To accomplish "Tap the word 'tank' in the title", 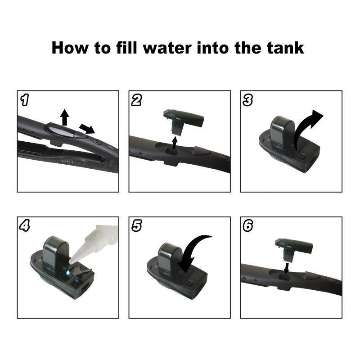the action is pyautogui.click(x=285, y=48).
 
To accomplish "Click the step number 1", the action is pyautogui.click(x=25, y=100).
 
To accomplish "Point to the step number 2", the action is pyautogui.click(x=136, y=100).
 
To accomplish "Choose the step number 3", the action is pyautogui.click(x=248, y=100).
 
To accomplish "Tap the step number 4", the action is pyautogui.click(x=25, y=226).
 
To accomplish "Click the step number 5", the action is pyautogui.click(x=137, y=226).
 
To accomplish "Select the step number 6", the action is pyautogui.click(x=248, y=226).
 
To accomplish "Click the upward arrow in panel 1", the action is pyautogui.click(x=65, y=117).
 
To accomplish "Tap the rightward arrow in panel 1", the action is pyautogui.click(x=87, y=129).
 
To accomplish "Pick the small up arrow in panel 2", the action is pyautogui.click(x=175, y=143).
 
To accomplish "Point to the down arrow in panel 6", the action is pyautogui.click(x=286, y=268).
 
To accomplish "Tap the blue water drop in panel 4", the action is pyautogui.click(x=68, y=272).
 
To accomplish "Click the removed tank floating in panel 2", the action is pyautogui.click(x=184, y=121).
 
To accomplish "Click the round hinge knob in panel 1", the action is pyautogui.click(x=110, y=164).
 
